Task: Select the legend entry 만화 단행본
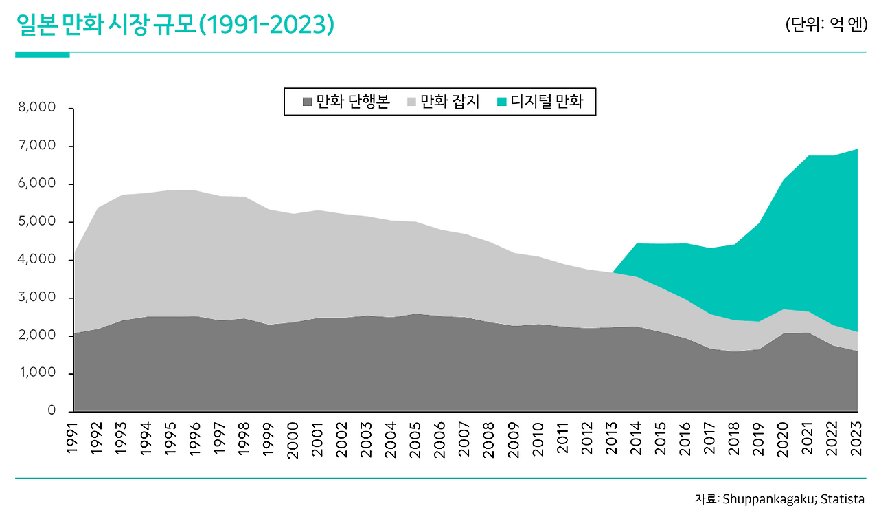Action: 347,102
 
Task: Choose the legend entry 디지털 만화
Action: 539,102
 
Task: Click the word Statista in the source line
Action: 843,499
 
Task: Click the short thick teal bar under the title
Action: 42,54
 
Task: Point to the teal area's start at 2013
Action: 613,273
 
